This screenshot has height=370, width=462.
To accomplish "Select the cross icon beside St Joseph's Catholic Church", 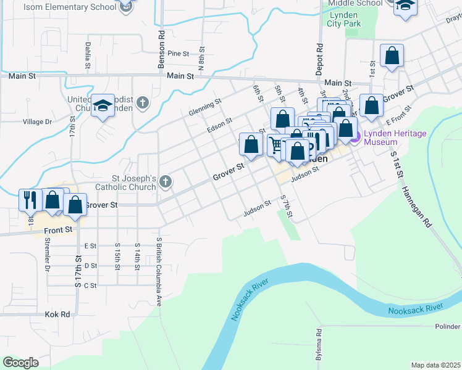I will pos(165,181).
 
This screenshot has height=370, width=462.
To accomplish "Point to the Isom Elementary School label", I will pos(69,7).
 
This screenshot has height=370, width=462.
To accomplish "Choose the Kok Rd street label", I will pos(58,314).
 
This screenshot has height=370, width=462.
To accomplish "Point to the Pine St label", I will pos(177,54).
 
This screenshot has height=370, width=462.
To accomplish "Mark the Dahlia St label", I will pos(88,55).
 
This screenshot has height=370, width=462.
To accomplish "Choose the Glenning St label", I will pos(205,105).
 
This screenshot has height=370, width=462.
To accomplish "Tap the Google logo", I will pos(20,363).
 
